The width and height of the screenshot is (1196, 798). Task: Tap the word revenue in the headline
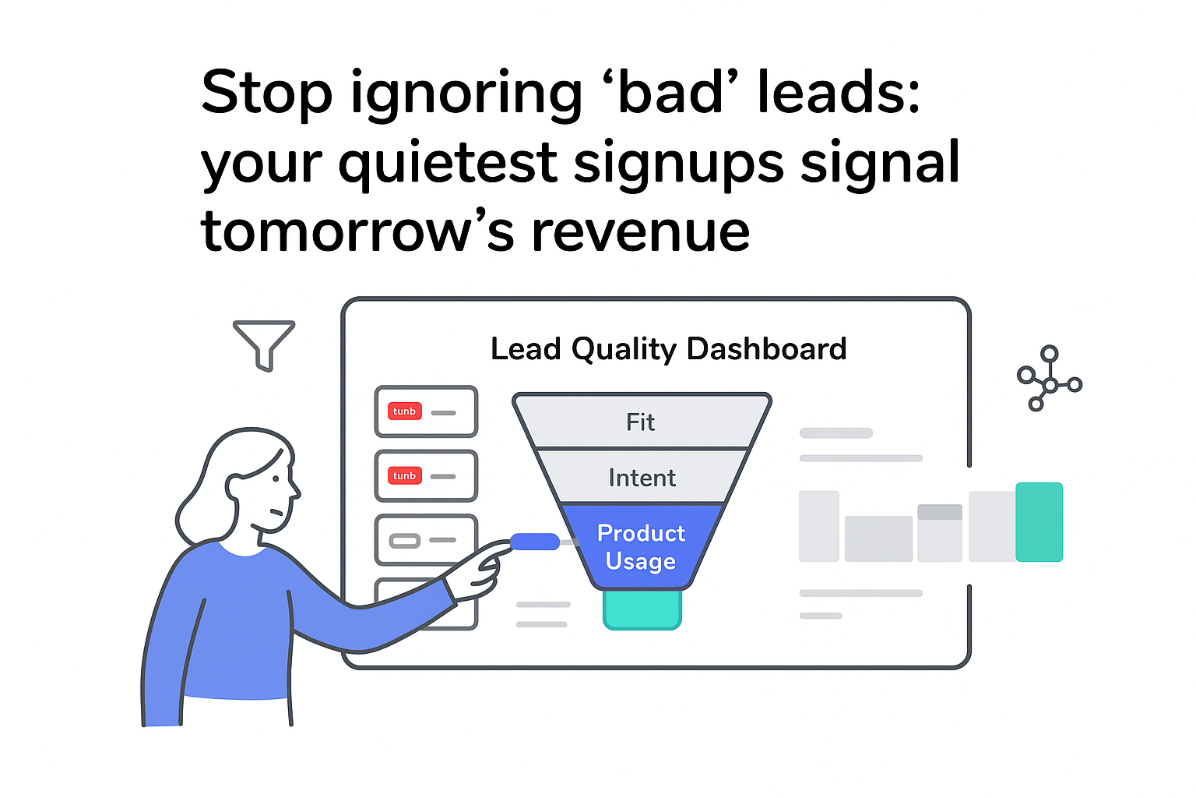[x=640, y=231]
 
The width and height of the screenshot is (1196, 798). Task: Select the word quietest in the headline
[x=448, y=163]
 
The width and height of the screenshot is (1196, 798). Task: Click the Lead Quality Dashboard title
[x=668, y=349]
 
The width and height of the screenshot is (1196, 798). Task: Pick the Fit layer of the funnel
[x=641, y=422]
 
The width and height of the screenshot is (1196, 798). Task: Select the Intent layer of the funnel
[x=642, y=477]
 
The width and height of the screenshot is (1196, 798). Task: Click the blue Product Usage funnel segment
[x=641, y=546]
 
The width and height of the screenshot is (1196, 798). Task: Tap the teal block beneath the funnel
[x=642, y=609]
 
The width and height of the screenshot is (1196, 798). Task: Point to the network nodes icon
[x=1049, y=380]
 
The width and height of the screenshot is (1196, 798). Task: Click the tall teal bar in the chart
[x=1039, y=521]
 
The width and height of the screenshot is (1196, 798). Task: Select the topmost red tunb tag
[x=404, y=411]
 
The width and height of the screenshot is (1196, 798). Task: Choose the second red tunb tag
[x=404, y=475]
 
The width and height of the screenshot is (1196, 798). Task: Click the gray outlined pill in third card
[x=404, y=540]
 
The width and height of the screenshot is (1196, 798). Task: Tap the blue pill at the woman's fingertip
[x=535, y=542]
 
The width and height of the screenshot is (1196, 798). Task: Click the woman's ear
[x=234, y=487]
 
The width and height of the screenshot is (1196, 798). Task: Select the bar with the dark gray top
[x=940, y=533]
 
